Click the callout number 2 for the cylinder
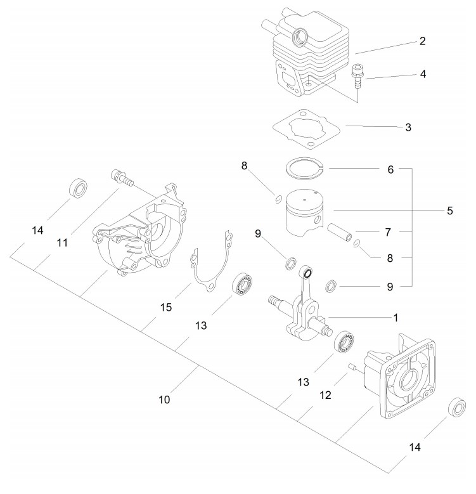pyautogui.click(x=423, y=41)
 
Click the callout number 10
pyautogui.click(x=164, y=400)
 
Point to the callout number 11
pyautogui.click(x=62, y=243)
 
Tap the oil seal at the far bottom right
pyautogui.click(x=457, y=408)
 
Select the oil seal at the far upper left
pyautogui.click(x=78, y=188)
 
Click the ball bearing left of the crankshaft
pyautogui.click(x=242, y=284)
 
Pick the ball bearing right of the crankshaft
pyautogui.click(x=344, y=342)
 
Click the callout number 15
pyautogui.click(x=166, y=307)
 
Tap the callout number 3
pyautogui.click(x=408, y=127)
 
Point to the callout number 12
pyautogui.click(x=325, y=395)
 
